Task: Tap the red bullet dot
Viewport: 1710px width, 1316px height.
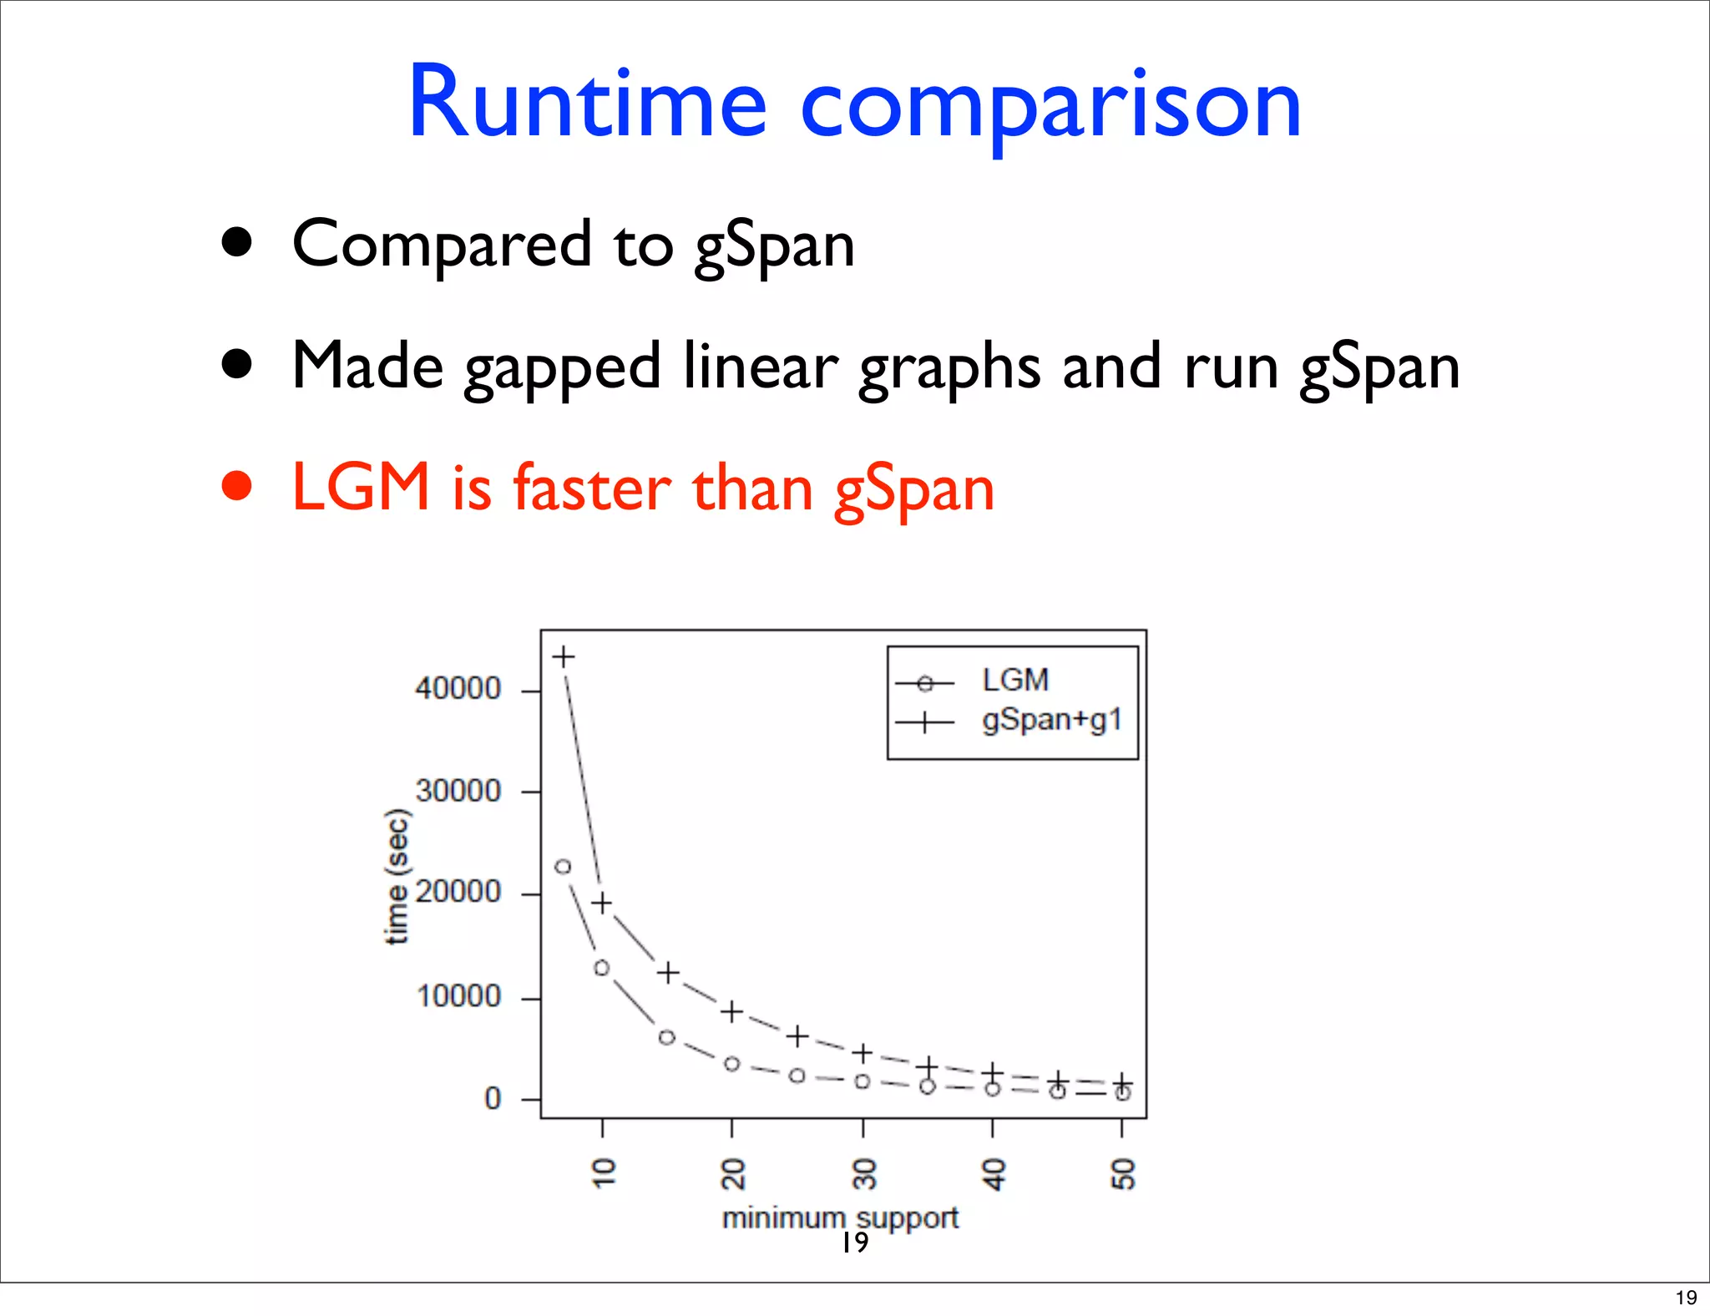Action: click(x=237, y=486)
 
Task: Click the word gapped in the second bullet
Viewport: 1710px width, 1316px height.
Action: click(x=562, y=368)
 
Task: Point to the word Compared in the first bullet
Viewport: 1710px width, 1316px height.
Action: click(x=442, y=245)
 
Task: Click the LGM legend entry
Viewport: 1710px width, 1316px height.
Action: click(x=1014, y=681)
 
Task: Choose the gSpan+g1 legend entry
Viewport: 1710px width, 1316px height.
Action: click(x=1051, y=720)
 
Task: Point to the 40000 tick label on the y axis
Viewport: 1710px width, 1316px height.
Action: click(x=458, y=689)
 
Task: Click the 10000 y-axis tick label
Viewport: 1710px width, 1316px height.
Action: click(x=458, y=996)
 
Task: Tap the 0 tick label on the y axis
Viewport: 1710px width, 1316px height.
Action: click(x=493, y=1099)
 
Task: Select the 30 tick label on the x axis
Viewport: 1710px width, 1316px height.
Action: click(x=864, y=1173)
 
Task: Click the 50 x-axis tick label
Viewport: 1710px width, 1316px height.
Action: click(x=1123, y=1173)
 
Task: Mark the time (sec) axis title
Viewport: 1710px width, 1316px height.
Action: click(x=397, y=877)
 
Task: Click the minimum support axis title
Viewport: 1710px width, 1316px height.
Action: click(x=840, y=1217)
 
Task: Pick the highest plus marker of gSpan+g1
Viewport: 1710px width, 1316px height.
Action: click(x=564, y=656)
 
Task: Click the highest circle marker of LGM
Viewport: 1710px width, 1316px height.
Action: click(x=564, y=867)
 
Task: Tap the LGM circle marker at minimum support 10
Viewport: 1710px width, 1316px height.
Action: click(x=602, y=968)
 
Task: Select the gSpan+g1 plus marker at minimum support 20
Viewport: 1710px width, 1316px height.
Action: click(x=731, y=1012)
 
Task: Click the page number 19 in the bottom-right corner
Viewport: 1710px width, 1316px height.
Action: click(x=1686, y=1298)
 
